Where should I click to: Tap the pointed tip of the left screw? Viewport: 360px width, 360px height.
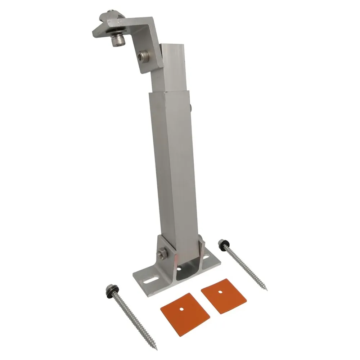pyautogui.click(x=157, y=348)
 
